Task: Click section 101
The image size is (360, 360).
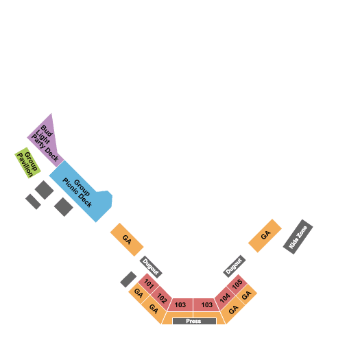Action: (x=149, y=284)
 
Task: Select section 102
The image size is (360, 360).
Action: (x=162, y=298)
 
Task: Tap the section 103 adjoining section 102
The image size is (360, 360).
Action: (x=180, y=304)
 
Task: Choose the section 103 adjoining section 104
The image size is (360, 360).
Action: (x=206, y=304)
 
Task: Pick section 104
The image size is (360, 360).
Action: (x=225, y=298)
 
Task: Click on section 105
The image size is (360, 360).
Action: (x=237, y=285)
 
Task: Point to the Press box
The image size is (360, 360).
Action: (x=194, y=321)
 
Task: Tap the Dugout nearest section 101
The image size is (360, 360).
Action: (x=151, y=267)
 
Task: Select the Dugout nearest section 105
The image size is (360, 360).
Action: (x=235, y=266)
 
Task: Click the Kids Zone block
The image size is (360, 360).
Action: (x=298, y=237)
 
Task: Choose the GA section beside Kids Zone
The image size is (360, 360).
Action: (x=265, y=236)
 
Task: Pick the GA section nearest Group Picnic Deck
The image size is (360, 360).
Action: (x=127, y=239)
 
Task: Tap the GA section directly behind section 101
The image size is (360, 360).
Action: (x=139, y=293)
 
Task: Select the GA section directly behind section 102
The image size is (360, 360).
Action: (x=154, y=309)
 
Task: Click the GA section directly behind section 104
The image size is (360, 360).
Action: (x=234, y=309)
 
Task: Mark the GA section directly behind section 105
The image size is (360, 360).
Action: (x=246, y=295)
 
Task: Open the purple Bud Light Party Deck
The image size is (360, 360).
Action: (x=47, y=143)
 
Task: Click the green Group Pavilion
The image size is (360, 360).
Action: (x=27, y=163)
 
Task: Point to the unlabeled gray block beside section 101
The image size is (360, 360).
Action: (x=128, y=279)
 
